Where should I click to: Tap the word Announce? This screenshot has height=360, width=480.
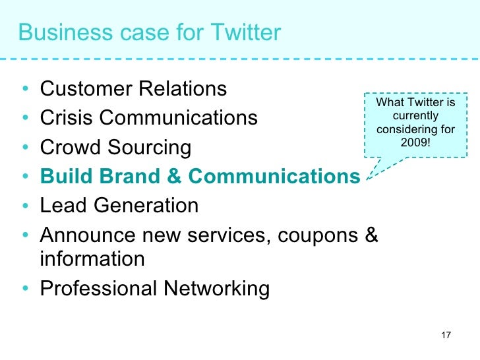[x=85, y=235]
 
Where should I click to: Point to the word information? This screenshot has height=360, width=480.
[x=92, y=259]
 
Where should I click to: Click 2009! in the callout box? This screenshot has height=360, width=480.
[x=415, y=141]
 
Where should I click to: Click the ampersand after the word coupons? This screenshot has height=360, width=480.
[x=371, y=235]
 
